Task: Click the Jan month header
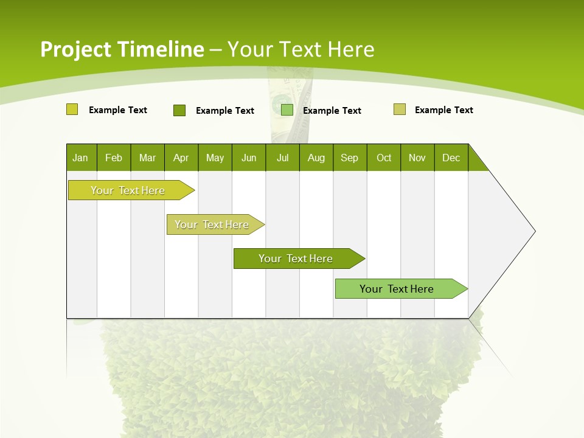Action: pos(81,158)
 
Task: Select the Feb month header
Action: pos(114,158)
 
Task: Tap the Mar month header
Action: pos(147,158)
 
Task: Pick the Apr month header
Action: pos(181,158)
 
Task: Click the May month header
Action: pos(215,158)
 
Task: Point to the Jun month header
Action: pos(249,158)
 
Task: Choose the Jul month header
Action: pos(282,158)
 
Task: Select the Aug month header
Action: pos(316,158)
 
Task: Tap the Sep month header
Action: pos(350,158)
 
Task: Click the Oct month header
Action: pos(384,158)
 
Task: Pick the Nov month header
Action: pos(417,158)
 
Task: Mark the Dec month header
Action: pos(451,158)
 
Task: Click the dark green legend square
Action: pos(179,110)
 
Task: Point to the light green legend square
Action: pos(287,110)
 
